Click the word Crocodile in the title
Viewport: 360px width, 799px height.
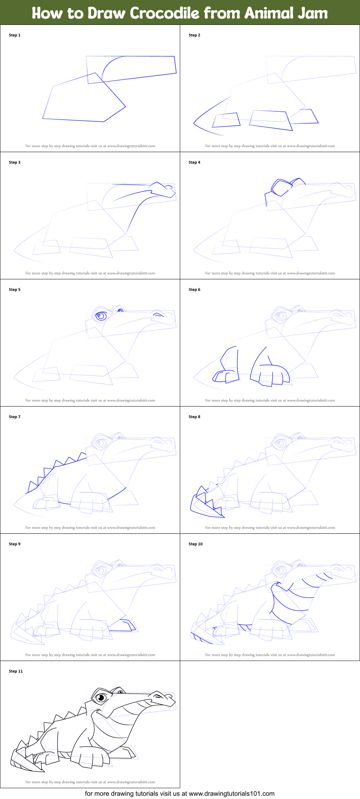[164, 13]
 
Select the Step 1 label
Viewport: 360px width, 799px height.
[15, 35]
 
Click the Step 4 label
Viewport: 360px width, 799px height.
[194, 163]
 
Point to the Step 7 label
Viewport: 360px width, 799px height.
[15, 417]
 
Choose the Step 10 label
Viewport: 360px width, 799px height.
[196, 544]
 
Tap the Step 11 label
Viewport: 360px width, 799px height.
[16, 671]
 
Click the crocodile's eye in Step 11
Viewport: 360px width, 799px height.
[102, 698]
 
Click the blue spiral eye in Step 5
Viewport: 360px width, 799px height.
[101, 316]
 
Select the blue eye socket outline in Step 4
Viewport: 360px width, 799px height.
[281, 187]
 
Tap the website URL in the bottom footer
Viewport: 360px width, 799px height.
[231, 793]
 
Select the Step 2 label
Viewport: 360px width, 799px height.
[194, 35]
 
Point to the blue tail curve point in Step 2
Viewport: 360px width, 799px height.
[194, 123]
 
